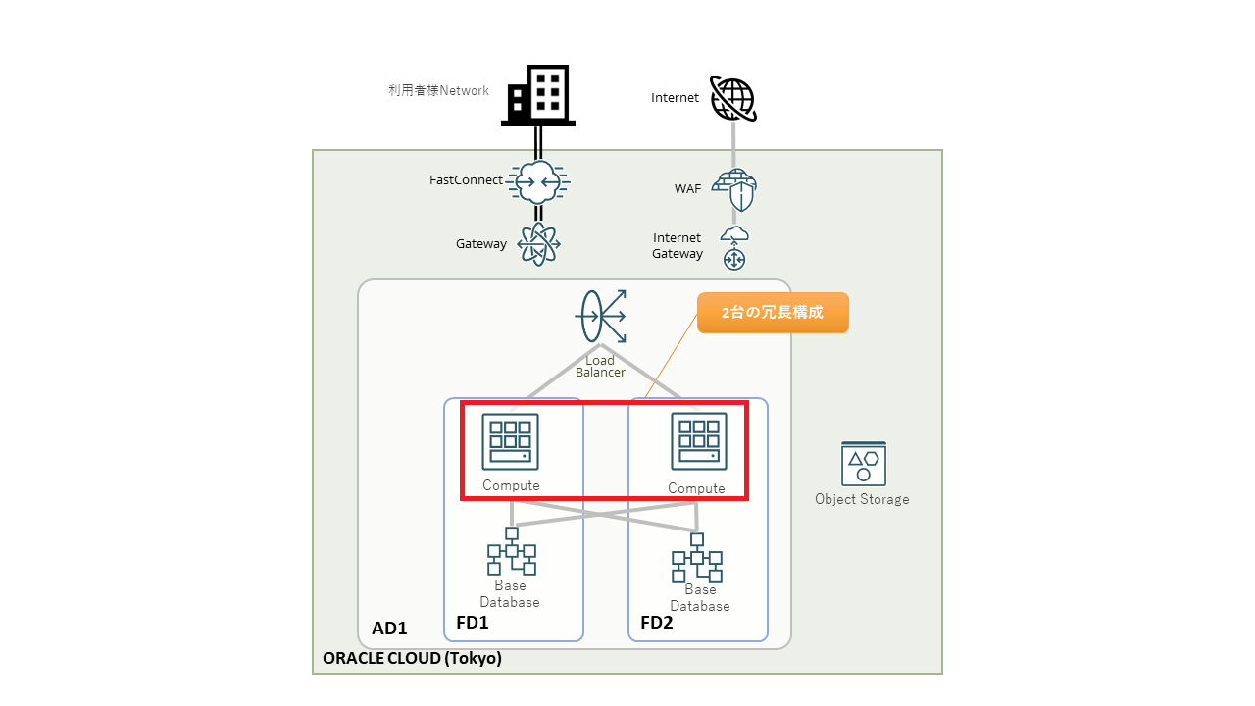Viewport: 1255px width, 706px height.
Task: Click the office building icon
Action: click(537, 95)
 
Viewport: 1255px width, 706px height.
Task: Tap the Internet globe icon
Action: click(733, 98)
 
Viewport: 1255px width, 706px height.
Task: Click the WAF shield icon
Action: click(734, 188)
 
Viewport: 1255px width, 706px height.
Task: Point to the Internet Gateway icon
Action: click(734, 248)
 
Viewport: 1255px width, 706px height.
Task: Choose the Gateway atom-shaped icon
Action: click(538, 243)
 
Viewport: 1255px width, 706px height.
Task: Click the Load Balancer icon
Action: click(600, 316)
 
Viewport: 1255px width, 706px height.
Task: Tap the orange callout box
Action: click(773, 313)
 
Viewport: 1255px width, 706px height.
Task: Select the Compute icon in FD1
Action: click(510, 441)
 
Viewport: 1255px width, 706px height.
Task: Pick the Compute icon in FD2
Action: click(698, 441)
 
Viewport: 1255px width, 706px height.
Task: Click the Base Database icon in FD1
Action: click(511, 552)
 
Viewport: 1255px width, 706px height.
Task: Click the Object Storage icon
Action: click(863, 463)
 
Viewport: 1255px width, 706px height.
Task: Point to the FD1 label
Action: click(473, 623)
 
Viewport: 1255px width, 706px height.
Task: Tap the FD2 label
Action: click(657, 623)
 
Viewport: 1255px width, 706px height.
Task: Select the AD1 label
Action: click(389, 629)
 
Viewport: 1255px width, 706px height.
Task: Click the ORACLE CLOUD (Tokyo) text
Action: click(412, 659)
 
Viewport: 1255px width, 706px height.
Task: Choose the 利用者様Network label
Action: click(438, 91)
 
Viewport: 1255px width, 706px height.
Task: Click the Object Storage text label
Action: click(862, 499)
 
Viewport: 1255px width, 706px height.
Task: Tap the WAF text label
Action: click(688, 188)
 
